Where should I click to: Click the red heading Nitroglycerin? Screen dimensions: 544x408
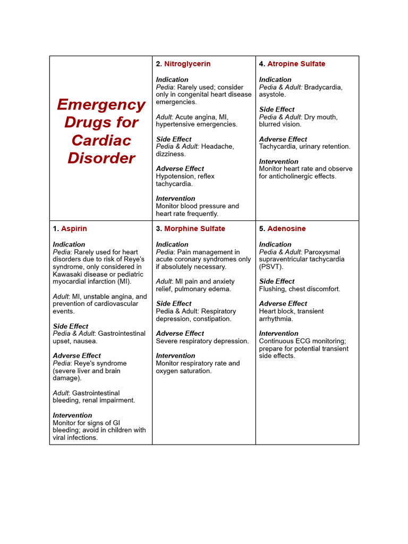[187, 64]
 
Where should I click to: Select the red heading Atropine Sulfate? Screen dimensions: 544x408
[296, 64]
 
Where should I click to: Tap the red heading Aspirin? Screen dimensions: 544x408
[74, 228]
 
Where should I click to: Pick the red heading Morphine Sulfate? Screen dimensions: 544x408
[194, 228]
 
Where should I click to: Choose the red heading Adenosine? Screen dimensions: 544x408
[286, 228]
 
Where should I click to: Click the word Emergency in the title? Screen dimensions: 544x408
[101, 105]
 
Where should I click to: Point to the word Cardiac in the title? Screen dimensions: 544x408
[101, 140]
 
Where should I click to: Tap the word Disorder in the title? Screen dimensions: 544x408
[101, 158]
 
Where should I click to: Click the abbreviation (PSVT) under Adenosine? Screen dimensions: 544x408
[271, 267]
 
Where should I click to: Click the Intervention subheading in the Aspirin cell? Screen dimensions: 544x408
[72, 415]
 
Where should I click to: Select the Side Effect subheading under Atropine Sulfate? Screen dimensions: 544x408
[277, 109]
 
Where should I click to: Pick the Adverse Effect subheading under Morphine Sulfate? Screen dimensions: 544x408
[180, 333]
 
